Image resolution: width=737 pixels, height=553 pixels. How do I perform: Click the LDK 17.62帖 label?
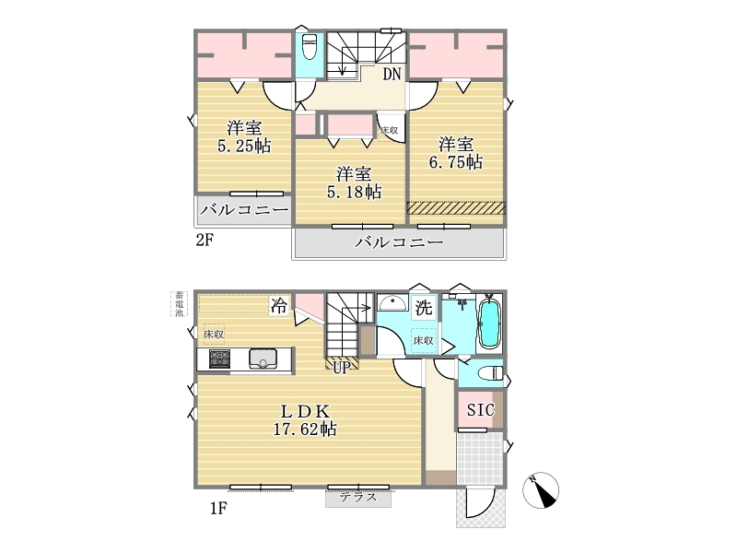coord(305,420)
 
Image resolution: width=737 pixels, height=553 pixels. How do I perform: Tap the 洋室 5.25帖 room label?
coord(244,136)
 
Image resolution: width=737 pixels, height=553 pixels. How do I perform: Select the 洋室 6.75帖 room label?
coord(455,153)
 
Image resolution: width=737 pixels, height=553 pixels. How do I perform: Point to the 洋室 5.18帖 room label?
coord(354,182)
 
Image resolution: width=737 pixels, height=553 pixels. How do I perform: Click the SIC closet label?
coord(480,410)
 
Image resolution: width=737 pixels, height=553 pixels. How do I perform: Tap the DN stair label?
coord(392,75)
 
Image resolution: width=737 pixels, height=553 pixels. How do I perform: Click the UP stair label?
coord(342,367)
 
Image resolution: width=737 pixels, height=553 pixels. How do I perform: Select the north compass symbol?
coord(541,490)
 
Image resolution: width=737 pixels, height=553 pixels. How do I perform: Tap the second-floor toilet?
coord(310,47)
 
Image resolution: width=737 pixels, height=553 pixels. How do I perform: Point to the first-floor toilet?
coord(490,373)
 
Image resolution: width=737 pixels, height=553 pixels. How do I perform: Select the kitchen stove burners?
coord(219,359)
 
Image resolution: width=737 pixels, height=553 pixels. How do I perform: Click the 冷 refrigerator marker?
coord(278,307)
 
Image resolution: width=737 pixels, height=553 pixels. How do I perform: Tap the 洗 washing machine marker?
coord(424,308)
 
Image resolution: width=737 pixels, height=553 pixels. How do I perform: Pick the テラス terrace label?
coord(358,497)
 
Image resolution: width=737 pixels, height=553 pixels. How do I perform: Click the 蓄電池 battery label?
coord(179,304)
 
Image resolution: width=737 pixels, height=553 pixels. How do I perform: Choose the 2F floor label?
coord(205,241)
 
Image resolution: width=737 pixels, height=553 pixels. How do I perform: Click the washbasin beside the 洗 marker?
coord(393,302)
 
